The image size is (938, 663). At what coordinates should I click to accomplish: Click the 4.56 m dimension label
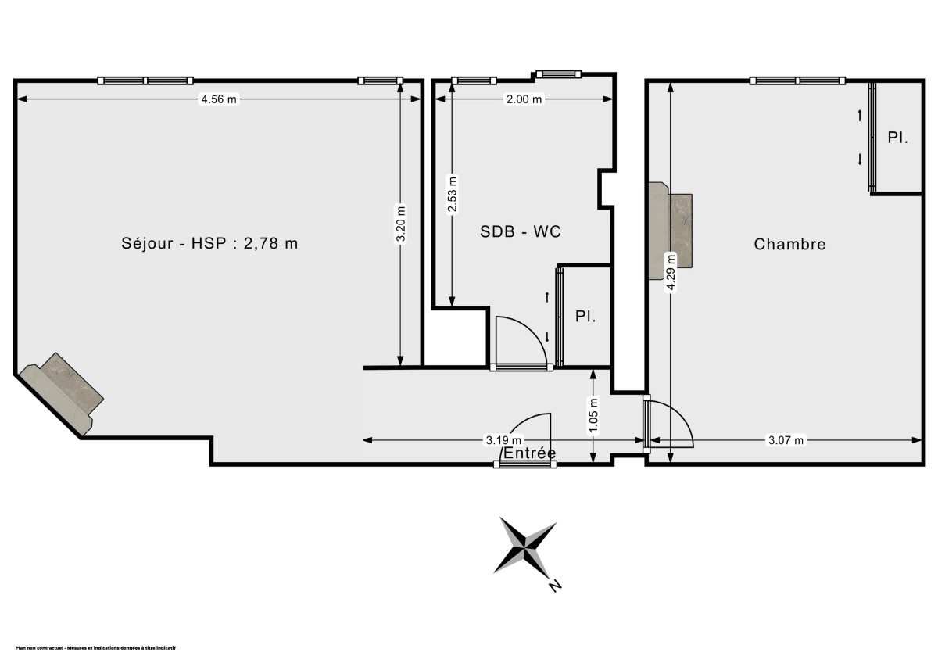pyautogui.click(x=219, y=99)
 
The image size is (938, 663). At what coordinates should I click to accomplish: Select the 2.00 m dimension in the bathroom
pyautogui.click(x=524, y=99)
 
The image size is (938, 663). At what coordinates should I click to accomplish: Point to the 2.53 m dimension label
pyautogui.click(x=451, y=195)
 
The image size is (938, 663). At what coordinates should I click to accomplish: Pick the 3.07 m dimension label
pyautogui.click(x=786, y=440)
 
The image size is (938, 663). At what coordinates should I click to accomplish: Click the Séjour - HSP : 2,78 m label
pyautogui.click(x=209, y=243)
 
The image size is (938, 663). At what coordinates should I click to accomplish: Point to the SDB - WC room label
pyautogui.click(x=521, y=231)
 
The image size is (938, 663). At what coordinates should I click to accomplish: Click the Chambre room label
pyautogui.click(x=789, y=244)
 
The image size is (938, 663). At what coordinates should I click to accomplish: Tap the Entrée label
pyautogui.click(x=530, y=453)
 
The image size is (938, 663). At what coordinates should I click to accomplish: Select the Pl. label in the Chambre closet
pyautogui.click(x=897, y=138)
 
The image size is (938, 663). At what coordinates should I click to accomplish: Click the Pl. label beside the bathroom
pyautogui.click(x=585, y=317)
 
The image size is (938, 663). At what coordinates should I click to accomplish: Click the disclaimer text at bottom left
pyautogui.click(x=96, y=648)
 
